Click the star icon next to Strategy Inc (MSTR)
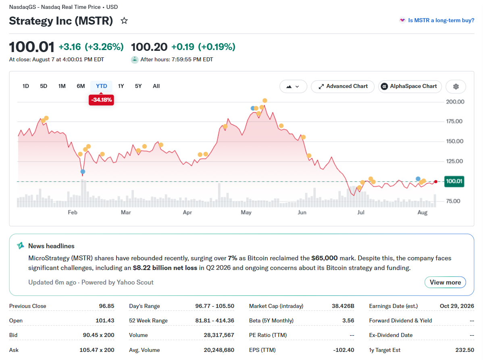[x=124, y=21]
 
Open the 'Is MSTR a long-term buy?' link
[x=441, y=20]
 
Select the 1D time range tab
[x=25, y=86]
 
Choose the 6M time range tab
[x=81, y=86]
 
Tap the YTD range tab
[x=101, y=86]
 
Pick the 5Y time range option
[x=138, y=86]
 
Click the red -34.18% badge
[x=101, y=100]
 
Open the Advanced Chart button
[x=343, y=86]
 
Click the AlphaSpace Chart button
[x=410, y=86]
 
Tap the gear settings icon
[x=456, y=86]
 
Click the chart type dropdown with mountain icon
[x=293, y=86]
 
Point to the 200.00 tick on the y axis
[x=455, y=102]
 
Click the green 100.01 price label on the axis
[x=454, y=181]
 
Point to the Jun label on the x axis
[x=302, y=212]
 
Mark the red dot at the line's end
[x=435, y=182]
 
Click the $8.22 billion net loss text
[x=165, y=268]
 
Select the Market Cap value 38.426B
[x=343, y=306]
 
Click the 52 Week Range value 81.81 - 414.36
[x=214, y=320]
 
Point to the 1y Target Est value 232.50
[x=464, y=350]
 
